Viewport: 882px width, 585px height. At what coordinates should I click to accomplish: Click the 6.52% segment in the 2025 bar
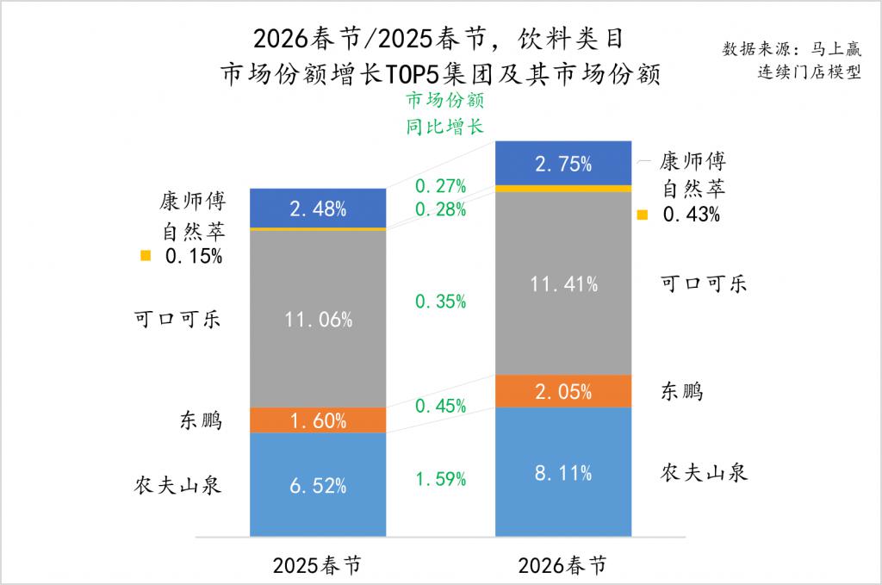pos(318,484)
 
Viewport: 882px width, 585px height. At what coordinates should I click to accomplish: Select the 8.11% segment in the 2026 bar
pos(563,471)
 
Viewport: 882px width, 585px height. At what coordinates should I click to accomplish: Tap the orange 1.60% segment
pos(318,420)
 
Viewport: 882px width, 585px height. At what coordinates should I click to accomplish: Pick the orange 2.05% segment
pos(563,391)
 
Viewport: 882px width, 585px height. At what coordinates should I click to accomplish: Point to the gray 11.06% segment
pos(318,320)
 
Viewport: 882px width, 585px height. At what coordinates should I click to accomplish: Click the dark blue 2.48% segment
pos(318,208)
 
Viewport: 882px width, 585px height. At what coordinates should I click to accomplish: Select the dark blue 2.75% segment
pos(563,163)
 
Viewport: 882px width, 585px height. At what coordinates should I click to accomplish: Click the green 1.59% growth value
pos(440,477)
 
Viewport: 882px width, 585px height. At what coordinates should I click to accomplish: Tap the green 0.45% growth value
pos(440,405)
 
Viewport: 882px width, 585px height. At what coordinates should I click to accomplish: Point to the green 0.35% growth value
pos(440,302)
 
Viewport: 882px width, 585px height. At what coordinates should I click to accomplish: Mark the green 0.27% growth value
pos(440,185)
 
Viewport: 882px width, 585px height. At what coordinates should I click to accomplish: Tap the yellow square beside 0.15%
pos(146,255)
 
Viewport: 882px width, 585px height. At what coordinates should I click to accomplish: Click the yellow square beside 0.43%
pos(642,215)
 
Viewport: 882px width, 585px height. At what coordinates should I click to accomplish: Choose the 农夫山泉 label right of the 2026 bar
pos(704,473)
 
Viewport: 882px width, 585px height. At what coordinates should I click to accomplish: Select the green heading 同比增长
pos(444,126)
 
